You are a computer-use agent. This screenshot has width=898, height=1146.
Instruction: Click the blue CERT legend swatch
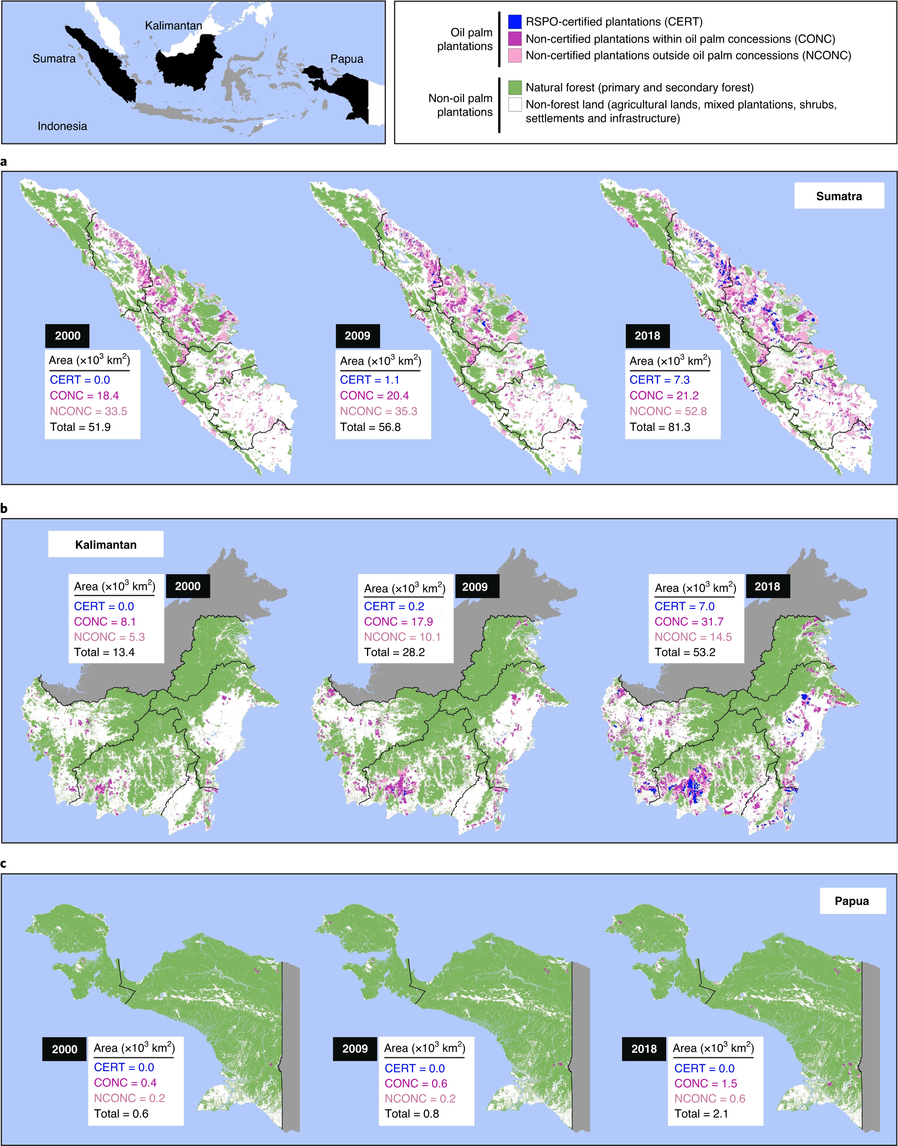click(515, 22)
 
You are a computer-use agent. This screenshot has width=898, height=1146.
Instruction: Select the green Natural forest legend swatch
click(515, 87)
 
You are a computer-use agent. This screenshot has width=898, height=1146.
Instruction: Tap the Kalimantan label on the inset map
click(173, 25)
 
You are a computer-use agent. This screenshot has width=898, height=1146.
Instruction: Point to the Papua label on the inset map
click(347, 59)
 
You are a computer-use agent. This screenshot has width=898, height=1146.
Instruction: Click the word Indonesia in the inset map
click(62, 126)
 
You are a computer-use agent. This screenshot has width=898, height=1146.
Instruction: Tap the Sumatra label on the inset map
click(54, 58)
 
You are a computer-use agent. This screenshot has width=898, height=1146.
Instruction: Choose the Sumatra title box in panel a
click(839, 196)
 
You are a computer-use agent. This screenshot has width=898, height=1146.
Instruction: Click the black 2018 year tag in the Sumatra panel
click(647, 336)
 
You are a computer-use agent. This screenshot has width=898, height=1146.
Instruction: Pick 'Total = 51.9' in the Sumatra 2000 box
click(80, 427)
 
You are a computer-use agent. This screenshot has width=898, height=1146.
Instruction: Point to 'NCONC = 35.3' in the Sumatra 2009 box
click(378, 411)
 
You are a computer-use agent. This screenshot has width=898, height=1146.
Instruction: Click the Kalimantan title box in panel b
click(106, 544)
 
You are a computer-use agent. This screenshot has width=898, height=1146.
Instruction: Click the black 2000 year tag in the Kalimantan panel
click(188, 586)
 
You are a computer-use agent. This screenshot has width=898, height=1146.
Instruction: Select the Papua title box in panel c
click(851, 901)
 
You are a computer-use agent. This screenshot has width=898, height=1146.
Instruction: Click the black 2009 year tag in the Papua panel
click(355, 1049)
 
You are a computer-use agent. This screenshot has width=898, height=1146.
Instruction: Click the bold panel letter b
click(4, 508)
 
